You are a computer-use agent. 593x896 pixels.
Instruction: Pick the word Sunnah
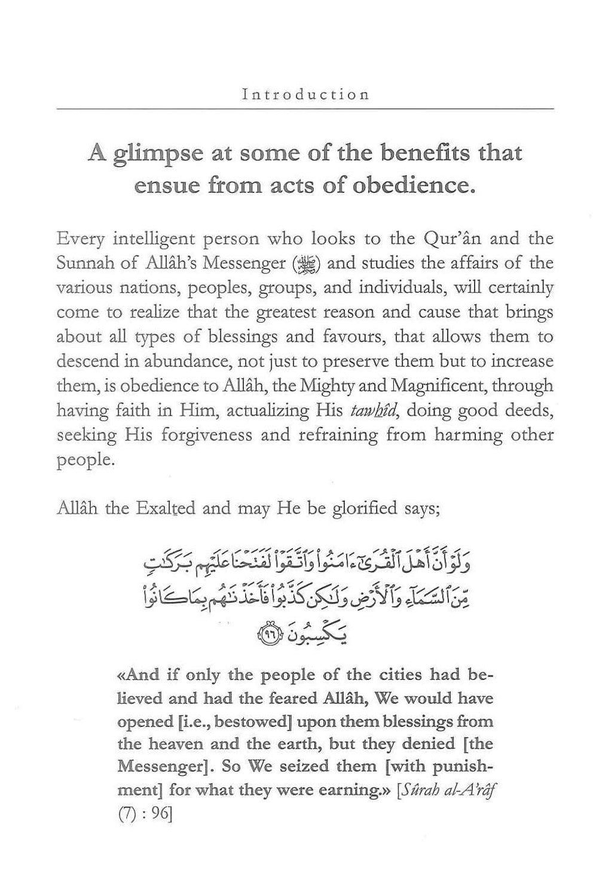[x=83, y=263]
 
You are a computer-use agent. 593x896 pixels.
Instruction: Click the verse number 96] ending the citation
[x=159, y=813]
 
